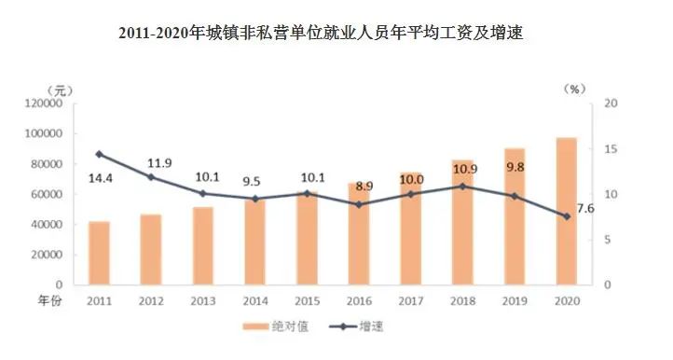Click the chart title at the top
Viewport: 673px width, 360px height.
tap(336, 35)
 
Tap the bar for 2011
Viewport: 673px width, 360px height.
tap(99, 253)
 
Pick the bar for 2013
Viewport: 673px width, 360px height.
tap(202, 245)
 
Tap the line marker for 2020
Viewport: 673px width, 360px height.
tap(566, 216)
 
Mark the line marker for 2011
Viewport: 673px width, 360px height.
tap(99, 154)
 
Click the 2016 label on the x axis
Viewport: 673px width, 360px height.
tap(358, 301)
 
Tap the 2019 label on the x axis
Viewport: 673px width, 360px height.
tap(514, 301)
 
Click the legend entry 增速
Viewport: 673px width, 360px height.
tap(378, 327)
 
